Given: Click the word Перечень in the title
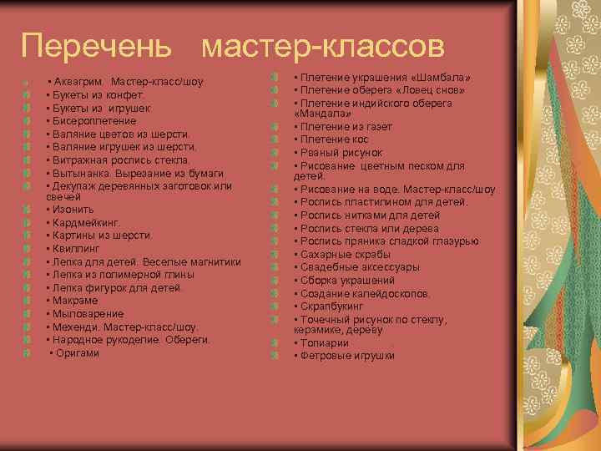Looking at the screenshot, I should coord(97,45).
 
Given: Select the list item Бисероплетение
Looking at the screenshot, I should coord(87,120).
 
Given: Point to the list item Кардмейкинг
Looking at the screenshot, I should coord(84,222).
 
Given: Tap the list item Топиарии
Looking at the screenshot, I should coord(325,343).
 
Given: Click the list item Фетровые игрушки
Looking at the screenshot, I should coord(347,356).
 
